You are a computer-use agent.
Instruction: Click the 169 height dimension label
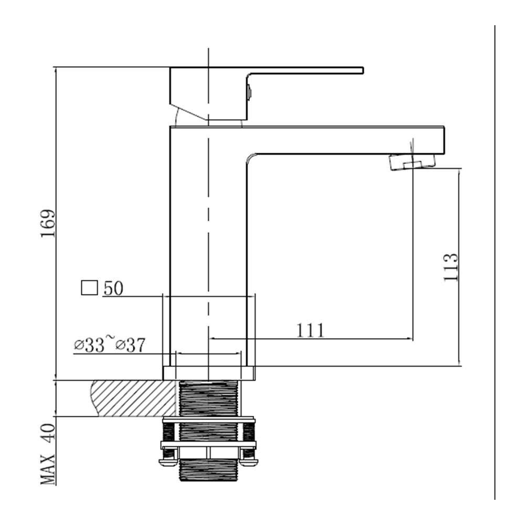click(x=48, y=223)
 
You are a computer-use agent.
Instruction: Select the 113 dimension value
click(x=450, y=267)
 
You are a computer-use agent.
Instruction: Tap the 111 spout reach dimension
click(x=310, y=330)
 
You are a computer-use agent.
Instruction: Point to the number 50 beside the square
click(x=113, y=288)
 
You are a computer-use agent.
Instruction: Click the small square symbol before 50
click(x=89, y=288)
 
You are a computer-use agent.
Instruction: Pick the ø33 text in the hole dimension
click(x=89, y=345)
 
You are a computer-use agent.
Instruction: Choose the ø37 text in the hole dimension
click(x=131, y=345)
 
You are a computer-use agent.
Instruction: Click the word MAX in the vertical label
click(x=48, y=469)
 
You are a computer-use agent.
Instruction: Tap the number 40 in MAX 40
click(x=48, y=434)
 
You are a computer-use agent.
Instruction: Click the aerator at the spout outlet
click(x=413, y=162)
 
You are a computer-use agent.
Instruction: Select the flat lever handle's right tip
click(x=363, y=70)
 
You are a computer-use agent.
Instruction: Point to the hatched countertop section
click(x=133, y=398)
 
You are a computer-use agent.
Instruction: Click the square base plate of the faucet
click(x=209, y=373)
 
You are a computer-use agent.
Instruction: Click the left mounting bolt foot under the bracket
click(x=169, y=462)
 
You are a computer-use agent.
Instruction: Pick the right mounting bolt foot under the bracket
click(x=249, y=462)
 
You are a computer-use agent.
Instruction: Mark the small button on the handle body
click(x=249, y=92)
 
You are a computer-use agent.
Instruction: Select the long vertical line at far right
click(x=495, y=262)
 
